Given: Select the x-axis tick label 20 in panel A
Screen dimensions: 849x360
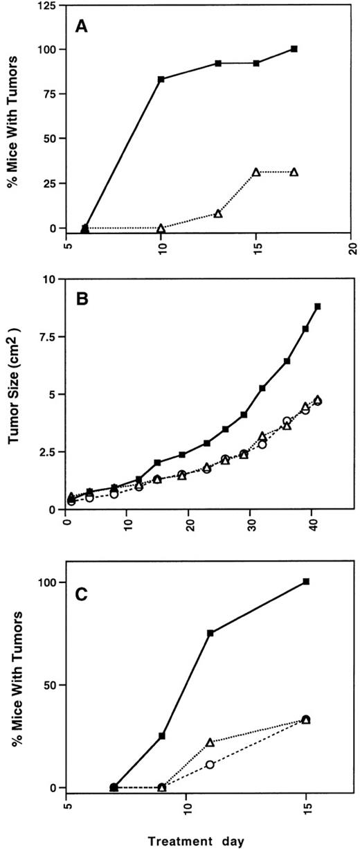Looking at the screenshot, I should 352,248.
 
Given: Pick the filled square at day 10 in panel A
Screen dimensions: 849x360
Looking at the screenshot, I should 161,80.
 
